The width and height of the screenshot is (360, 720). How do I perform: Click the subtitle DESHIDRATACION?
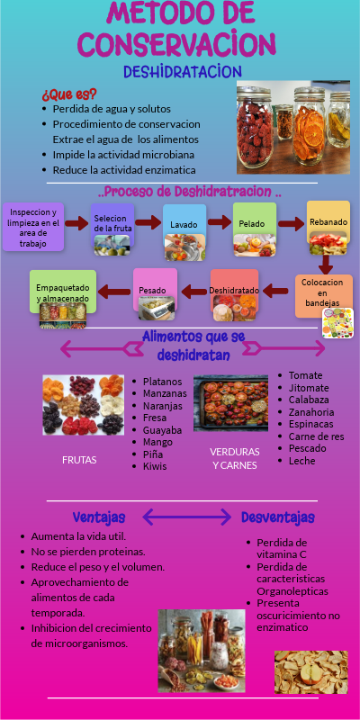183,70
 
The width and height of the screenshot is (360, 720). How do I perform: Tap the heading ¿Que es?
69,94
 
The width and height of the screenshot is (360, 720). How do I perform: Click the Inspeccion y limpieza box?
32,225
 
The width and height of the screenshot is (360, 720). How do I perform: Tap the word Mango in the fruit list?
157,443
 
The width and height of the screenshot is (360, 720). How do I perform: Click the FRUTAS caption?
79,460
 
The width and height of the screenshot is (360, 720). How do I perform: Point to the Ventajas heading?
98,517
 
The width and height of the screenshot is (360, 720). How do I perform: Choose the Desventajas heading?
277,517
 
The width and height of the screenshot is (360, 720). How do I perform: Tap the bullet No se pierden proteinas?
87,551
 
